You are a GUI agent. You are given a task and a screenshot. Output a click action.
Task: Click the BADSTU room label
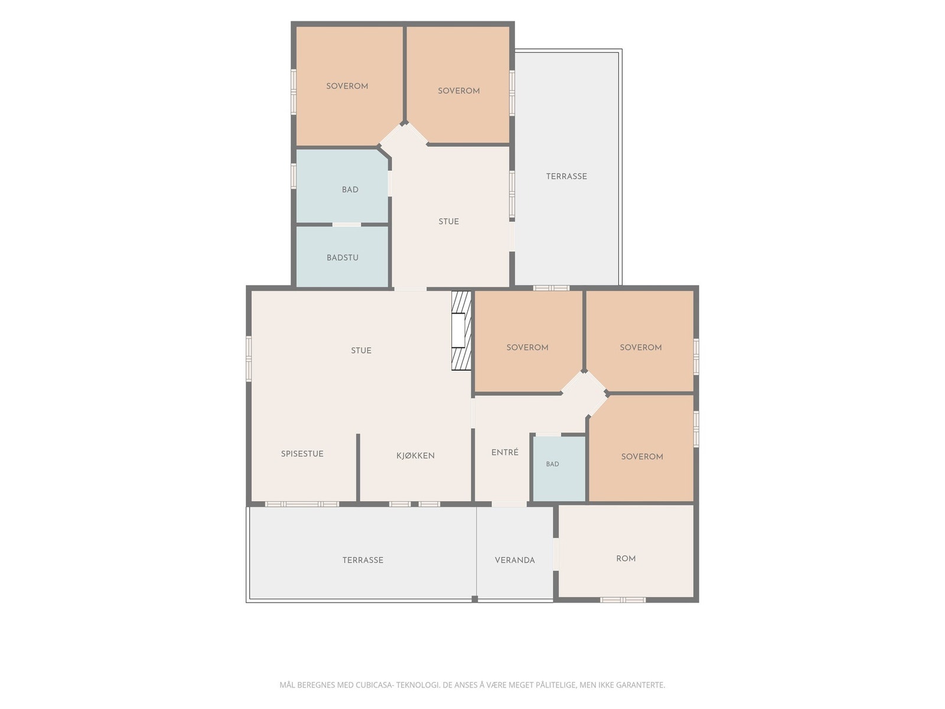pos(342,258)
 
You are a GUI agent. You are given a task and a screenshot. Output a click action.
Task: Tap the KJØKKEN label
pos(415,456)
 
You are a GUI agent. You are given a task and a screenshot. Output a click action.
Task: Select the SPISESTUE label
pos(302,454)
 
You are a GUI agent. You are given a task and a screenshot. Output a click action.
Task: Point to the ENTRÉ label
pos(504,452)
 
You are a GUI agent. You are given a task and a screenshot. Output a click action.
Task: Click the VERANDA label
pos(514,560)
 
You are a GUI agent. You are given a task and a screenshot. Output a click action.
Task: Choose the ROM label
pos(625,558)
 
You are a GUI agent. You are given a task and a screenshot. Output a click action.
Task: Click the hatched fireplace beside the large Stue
pos(461,331)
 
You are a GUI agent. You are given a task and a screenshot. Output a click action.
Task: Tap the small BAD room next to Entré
pos(559,469)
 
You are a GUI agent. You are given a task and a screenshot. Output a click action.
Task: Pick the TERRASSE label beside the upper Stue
pos(566,176)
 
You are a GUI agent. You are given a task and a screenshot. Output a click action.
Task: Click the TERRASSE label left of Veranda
pos(363,560)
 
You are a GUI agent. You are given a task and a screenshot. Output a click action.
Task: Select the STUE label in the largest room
pos(361,350)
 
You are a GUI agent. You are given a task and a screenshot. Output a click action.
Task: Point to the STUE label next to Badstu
pos(449,221)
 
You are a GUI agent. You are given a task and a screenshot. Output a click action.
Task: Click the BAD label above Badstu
pos(350,190)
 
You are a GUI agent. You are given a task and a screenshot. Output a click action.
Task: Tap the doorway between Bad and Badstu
pos(347,225)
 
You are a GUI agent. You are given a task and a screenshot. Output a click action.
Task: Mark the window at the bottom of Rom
pos(623,599)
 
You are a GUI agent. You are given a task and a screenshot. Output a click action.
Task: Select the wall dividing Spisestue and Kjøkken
pos(358,467)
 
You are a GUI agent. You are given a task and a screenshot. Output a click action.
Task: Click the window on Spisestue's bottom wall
pos(302,504)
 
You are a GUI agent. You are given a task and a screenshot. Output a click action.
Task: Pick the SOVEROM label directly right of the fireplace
pos(527,347)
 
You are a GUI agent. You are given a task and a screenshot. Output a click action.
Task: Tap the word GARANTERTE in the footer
pos(641,685)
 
